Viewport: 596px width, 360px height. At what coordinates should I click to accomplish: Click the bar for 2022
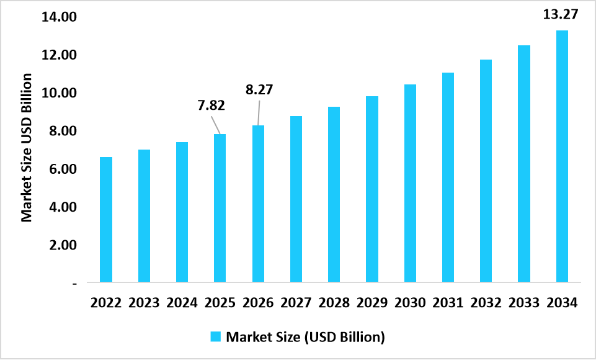106,220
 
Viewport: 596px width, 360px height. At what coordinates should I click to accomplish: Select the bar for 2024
182,212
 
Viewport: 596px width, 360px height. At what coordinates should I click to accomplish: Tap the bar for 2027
296,199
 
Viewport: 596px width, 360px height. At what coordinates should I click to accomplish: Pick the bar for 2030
410,183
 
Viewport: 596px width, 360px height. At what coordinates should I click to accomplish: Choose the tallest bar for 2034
562,156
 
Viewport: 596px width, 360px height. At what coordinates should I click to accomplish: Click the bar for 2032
486,171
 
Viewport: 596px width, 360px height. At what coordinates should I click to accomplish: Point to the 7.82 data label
211,105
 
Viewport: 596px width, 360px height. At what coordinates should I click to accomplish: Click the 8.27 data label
259,89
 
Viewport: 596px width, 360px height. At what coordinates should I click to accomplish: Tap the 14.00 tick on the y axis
59,17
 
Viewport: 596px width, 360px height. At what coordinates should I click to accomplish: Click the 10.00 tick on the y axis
59,93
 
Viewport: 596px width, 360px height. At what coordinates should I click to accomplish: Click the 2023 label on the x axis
144,304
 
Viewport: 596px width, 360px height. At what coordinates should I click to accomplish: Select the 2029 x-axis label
372,304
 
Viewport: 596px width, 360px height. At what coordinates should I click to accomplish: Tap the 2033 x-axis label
524,304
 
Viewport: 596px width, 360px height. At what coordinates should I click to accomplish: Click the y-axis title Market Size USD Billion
27,147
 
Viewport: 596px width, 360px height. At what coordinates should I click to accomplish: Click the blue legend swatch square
215,337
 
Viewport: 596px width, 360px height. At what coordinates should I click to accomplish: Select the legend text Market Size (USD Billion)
306,337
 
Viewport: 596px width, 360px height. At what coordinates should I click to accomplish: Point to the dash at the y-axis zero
74,284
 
